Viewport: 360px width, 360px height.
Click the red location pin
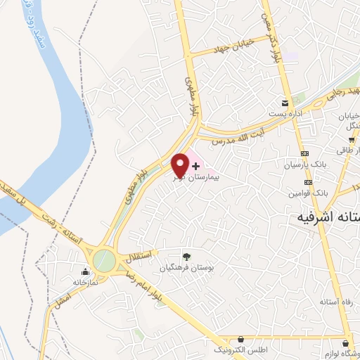[x=179, y=165]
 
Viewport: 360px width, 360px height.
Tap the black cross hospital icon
[x=195, y=165]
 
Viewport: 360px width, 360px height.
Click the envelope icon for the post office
[x=285, y=102]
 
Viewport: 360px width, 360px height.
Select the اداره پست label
[x=285, y=113]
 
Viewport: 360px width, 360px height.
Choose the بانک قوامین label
[x=309, y=192]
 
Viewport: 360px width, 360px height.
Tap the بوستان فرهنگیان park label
[x=188, y=268]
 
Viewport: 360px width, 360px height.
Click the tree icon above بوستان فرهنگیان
[x=186, y=257]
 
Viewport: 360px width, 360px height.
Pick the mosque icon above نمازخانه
[x=86, y=271]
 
